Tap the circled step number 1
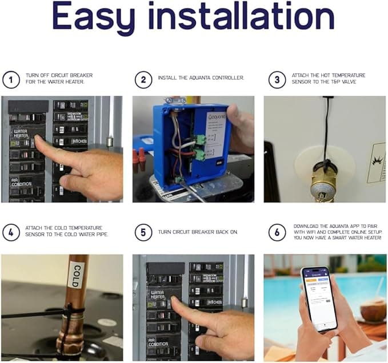pos(11,79)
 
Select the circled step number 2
pos(143,79)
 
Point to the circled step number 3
pos(277,79)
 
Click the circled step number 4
pos(11,232)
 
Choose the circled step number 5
pos(143,232)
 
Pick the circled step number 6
pos(277,232)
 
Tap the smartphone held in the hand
pos(319,298)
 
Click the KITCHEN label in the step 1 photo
pos(78,140)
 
